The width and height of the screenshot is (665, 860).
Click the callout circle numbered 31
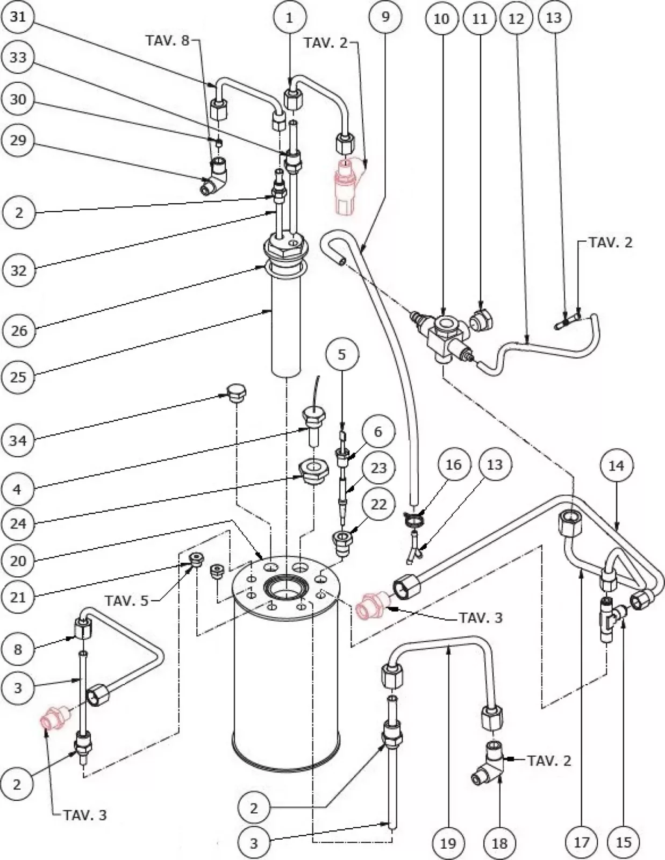click(x=18, y=17)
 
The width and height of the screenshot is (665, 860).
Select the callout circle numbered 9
click(x=385, y=17)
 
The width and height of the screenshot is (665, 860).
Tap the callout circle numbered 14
click(x=616, y=465)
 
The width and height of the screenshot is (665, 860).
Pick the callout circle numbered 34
click(x=18, y=441)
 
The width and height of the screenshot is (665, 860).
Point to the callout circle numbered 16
click(x=453, y=464)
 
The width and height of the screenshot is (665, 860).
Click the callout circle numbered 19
click(x=448, y=842)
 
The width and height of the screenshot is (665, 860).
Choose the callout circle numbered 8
click(x=18, y=649)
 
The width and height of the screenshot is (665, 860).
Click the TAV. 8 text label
click(x=168, y=41)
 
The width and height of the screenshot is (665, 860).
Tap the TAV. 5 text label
click(x=126, y=600)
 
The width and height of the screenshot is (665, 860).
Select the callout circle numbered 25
click(x=18, y=377)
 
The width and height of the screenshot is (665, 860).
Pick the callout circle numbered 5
click(x=342, y=355)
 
